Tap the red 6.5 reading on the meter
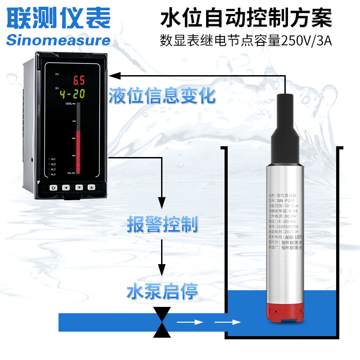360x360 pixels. pyautogui.click(x=79, y=81)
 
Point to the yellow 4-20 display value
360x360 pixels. pyautogui.click(x=72, y=94)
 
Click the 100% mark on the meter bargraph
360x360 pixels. pyautogui.click(x=69, y=104)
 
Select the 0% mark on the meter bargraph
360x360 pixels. pyautogui.click(x=70, y=173)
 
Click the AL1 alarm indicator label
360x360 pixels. pyautogui.click(x=53, y=159)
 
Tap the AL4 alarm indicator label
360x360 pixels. pyautogui.click(x=53, y=174)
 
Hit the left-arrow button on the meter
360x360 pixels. pyautogui.click(x=66, y=187)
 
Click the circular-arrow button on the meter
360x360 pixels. pyautogui.click(x=53, y=187)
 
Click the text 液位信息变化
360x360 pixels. pyautogui.click(x=162, y=96)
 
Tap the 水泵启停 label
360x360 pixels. pyautogui.click(x=162, y=291)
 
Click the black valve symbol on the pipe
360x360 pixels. pyautogui.click(x=162, y=322)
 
